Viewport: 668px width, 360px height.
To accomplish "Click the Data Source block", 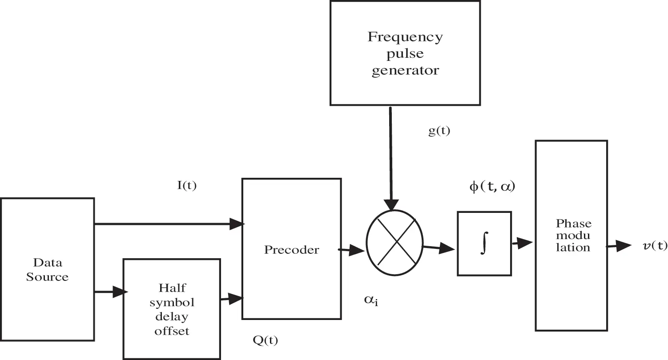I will coord(47,270).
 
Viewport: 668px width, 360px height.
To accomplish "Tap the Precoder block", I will coord(291,249).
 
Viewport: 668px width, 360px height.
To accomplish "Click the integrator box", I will coord(484,243).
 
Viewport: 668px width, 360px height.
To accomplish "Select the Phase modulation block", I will coord(571,236).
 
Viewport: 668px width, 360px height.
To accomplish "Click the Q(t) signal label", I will coord(265,340).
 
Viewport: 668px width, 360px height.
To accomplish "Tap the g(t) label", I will coord(439,132).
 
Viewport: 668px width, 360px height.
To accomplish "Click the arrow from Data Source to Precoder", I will coord(169,224).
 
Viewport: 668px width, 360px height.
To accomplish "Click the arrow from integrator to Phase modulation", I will coord(523,243).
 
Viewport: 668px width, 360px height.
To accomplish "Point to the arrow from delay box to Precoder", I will coord(231,299).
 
